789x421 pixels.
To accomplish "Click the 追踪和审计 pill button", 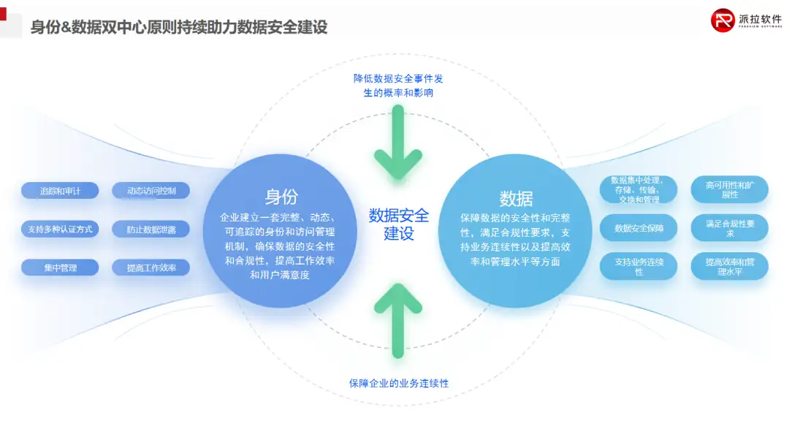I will point(60,191).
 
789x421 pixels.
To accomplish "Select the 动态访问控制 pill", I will point(151,191).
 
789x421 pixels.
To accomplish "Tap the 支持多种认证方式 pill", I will point(60,230).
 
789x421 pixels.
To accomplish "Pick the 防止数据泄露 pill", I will point(151,230).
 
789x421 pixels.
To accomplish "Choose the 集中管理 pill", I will point(60,268).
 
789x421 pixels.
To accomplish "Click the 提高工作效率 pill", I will point(151,268).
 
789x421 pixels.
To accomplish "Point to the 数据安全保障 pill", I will point(639,228).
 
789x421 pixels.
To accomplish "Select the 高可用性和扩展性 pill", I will point(729,190).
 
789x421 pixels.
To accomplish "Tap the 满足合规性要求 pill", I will point(729,228).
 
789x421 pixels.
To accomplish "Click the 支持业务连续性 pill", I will point(639,266).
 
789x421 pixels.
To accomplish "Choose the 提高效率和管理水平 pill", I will point(729,266).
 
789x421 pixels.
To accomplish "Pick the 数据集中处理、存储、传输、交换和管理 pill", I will point(639,190).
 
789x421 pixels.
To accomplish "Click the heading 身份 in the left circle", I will point(281,197).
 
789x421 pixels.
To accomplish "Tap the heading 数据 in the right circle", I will point(516,198).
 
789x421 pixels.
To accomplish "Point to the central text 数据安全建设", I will point(398,224).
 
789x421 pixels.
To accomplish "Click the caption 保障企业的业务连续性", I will point(399,383).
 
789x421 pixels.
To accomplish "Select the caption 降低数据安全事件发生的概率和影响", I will point(398,86).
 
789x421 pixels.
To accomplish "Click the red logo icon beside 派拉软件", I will point(723,20).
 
